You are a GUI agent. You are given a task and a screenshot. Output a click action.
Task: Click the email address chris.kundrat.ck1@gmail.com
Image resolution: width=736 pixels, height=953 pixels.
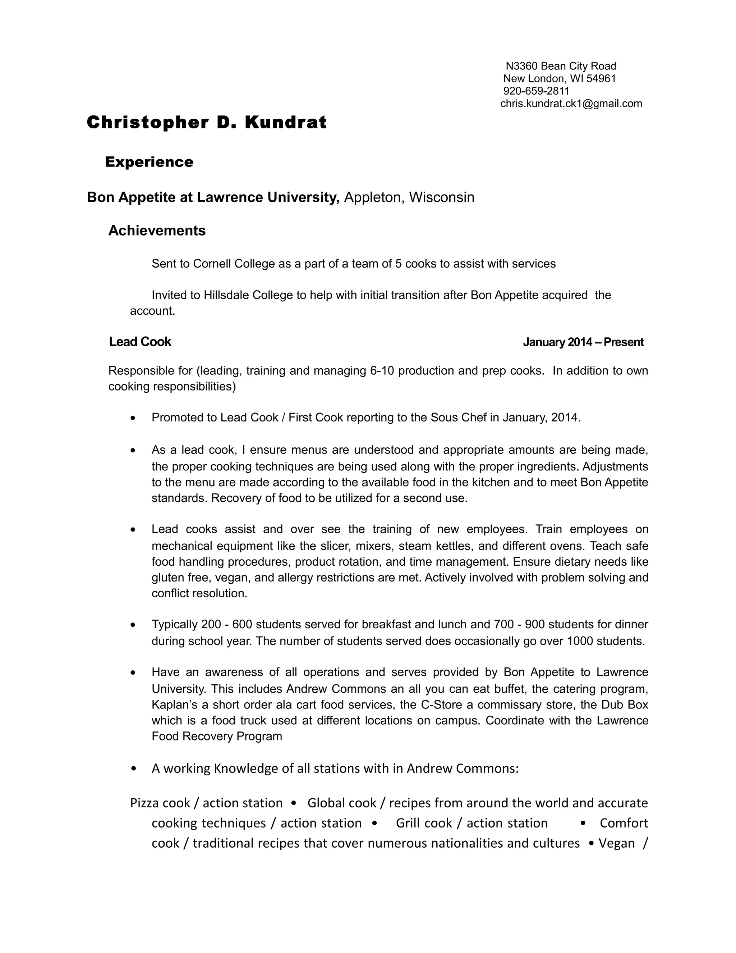click(571, 104)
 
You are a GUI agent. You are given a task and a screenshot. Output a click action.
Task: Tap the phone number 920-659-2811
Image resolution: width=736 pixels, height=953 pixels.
click(536, 91)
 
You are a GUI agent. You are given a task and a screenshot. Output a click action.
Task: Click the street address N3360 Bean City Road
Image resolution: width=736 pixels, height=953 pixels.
click(561, 66)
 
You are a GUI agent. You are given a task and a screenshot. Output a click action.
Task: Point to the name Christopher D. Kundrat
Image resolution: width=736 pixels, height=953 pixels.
click(207, 123)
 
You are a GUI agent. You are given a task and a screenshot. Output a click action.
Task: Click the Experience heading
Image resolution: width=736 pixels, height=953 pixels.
click(149, 162)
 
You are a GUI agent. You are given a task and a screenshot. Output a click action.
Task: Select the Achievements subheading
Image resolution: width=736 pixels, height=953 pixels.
click(157, 231)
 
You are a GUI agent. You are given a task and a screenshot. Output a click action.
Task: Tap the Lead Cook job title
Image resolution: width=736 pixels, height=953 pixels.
click(140, 342)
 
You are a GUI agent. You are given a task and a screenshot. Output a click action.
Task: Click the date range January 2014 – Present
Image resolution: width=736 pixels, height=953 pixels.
click(583, 342)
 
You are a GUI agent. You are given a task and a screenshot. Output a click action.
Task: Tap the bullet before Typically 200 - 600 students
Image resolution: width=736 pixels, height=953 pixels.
click(133, 625)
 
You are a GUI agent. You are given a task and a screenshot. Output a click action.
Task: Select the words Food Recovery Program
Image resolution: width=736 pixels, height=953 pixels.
click(217, 736)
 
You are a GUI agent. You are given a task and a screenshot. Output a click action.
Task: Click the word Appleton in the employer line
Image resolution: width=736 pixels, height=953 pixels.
click(372, 197)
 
